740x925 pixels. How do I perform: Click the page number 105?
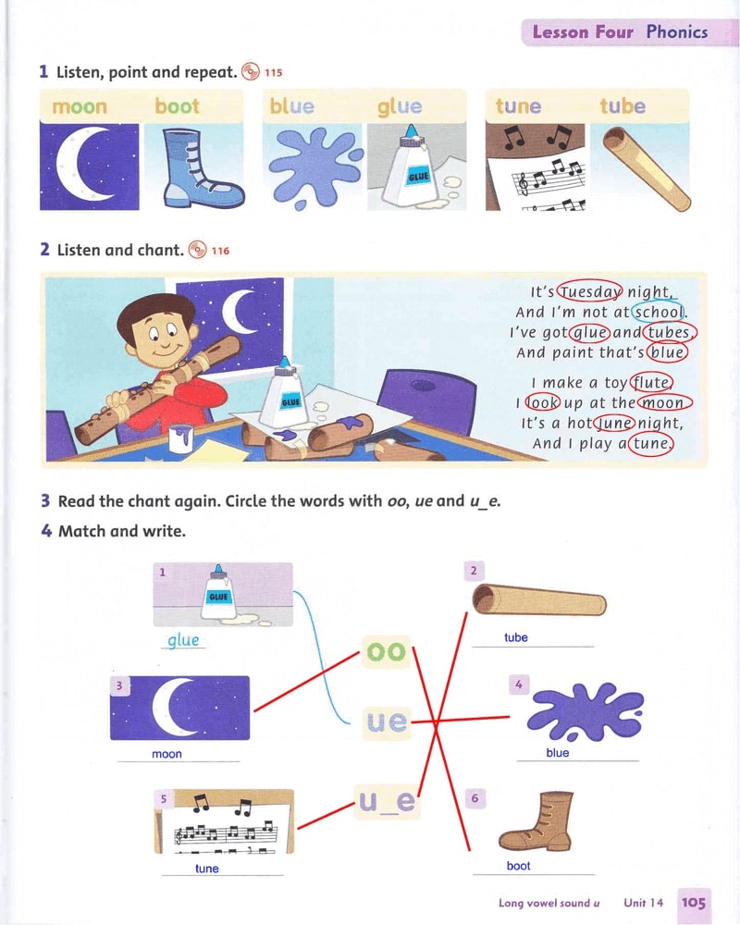[694, 903]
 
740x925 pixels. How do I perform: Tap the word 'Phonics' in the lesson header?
[677, 31]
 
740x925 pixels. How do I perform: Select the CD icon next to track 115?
[251, 71]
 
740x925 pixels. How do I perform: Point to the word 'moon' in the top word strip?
[80, 106]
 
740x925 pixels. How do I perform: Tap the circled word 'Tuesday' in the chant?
[590, 291]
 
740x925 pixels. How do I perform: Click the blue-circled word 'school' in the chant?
[658, 312]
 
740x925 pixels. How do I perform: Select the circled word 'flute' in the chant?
[651, 383]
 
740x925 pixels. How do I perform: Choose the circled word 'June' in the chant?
[614, 423]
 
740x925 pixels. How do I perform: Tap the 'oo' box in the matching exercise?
[386, 651]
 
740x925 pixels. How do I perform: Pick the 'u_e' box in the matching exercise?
[388, 801]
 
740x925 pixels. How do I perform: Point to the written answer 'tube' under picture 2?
[516, 637]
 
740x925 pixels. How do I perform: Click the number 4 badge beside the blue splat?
[519, 684]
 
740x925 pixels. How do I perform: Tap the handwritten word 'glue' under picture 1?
[183, 640]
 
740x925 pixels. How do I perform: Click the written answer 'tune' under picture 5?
[206, 869]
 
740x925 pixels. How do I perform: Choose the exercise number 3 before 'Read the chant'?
[45, 500]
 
